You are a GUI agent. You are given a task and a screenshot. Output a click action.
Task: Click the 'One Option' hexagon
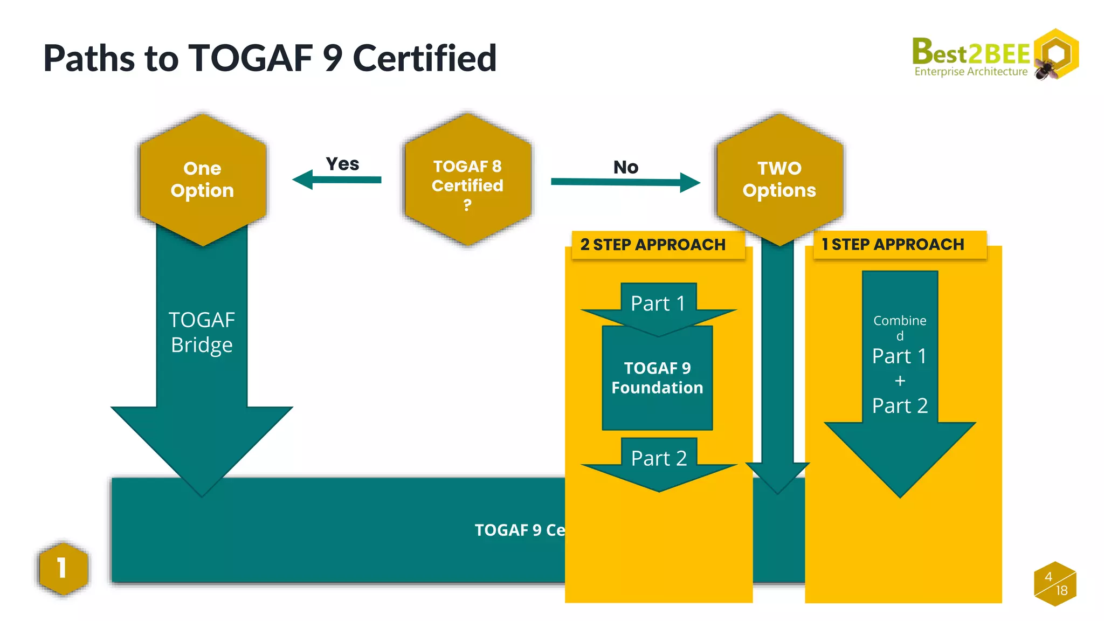pyautogui.click(x=202, y=179)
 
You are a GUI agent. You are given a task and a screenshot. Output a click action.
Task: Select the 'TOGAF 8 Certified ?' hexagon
pyautogui.click(x=467, y=180)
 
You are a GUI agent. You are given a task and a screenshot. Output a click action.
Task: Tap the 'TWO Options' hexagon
pyautogui.click(x=779, y=179)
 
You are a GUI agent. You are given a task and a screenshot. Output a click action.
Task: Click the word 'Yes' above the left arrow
pyautogui.click(x=342, y=164)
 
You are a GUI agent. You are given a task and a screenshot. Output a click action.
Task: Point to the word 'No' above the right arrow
pyautogui.click(x=625, y=167)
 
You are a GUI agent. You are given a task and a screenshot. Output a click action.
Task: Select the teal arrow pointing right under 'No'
pyautogui.click(x=625, y=182)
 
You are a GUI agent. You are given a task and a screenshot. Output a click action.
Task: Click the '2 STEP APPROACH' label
pyautogui.click(x=653, y=245)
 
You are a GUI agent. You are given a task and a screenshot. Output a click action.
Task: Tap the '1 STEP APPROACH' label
pyautogui.click(x=893, y=244)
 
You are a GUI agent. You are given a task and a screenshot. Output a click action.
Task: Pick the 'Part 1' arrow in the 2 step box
pyautogui.click(x=658, y=305)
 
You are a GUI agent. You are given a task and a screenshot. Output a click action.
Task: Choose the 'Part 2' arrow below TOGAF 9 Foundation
pyautogui.click(x=659, y=461)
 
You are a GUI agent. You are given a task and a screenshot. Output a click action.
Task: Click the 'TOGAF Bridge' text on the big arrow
pyautogui.click(x=202, y=332)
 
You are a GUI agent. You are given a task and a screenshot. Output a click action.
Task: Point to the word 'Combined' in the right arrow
pyautogui.click(x=900, y=321)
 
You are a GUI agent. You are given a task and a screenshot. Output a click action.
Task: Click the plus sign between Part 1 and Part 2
pyautogui.click(x=900, y=381)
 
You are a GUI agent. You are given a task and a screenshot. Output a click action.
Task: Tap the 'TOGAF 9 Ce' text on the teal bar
pyautogui.click(x=520, y=530)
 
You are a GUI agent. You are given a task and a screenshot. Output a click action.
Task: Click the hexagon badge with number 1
pyautogui.click(x=63, y=568)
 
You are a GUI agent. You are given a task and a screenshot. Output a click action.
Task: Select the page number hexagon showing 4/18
pyautogui.click(x=1055, y=584)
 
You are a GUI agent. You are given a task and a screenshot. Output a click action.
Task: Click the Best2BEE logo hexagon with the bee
pyautogui.click(x=1057, y=54)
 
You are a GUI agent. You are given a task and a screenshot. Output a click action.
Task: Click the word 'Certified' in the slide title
pyautogui.click(x=424, y=58)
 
